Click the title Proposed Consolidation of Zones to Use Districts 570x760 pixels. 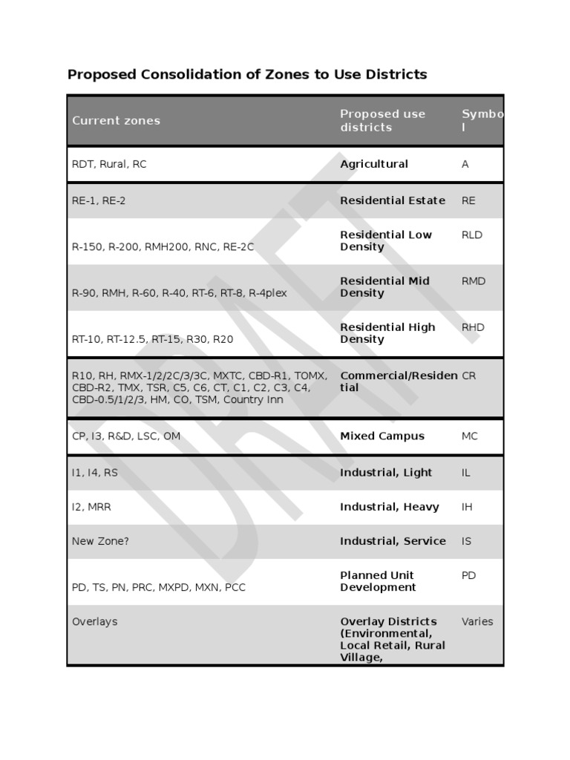[x=247, y=74]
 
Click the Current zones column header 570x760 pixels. [x=116, y=120]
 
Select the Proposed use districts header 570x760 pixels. [x=382, y=120]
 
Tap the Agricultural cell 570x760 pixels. [x=374, y=164]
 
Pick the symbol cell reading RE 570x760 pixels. [x=468, y=200]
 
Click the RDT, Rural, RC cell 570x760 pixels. [x=109, y=164]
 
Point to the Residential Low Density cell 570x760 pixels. [x=385, y=240]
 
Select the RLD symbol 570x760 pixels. [x=472, y=235]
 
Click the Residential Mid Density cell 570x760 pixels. [x=384, y=286]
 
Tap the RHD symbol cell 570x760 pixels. [x=473, y=327]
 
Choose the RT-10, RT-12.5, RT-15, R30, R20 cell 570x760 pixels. [x=152, y=339]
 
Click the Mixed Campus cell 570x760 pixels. [x=382, y=436]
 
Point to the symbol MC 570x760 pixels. [x=470, y=436]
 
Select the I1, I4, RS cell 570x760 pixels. [x=95, y=472]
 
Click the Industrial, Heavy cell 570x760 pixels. [x=390, y=507]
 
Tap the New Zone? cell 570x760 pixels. [x=100, y=541]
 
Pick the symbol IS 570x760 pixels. [x=466, y=541]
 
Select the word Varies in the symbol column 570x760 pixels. [x=477, y=621]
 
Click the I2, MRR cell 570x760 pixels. [x=91, y=507]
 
